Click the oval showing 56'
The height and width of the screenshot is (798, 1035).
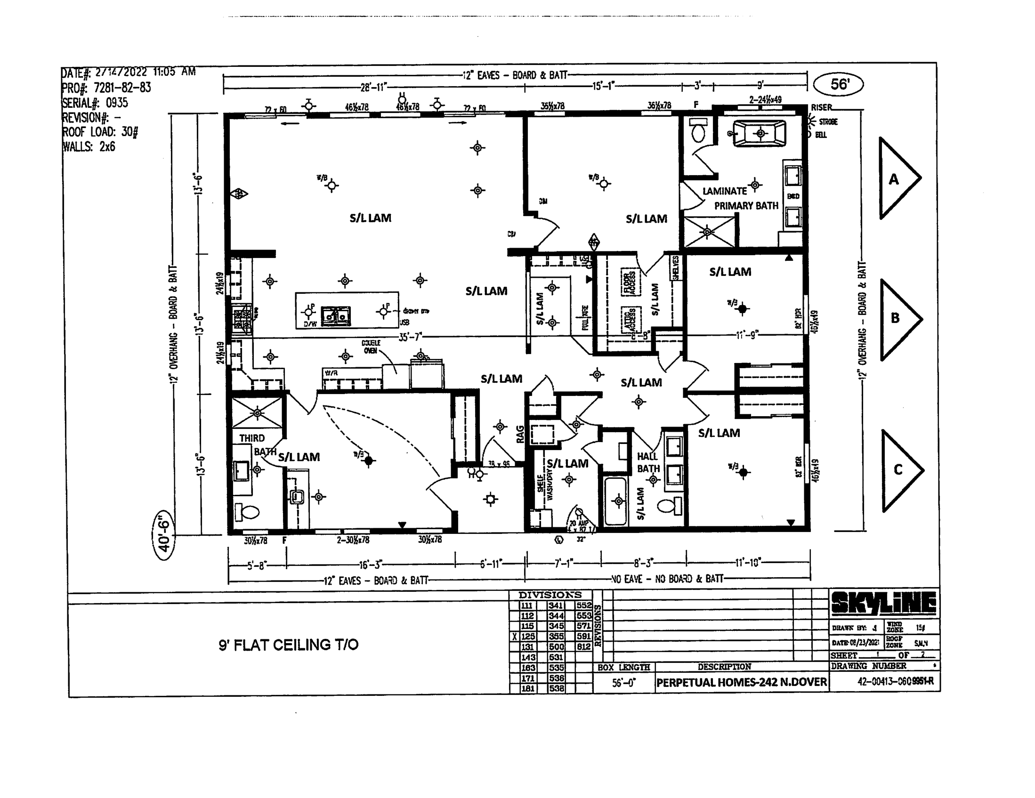(x=838, y=84)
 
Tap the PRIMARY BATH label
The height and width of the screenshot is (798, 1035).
(x=746, y=206)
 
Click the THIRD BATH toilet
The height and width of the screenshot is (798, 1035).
(x=247, y=512)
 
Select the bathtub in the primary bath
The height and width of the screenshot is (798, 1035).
(x=760, y=133)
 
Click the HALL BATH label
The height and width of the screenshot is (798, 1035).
(x=648, y=462)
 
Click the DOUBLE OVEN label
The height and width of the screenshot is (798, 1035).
(x=371, y=347)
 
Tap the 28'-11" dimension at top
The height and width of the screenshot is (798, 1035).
(x=373, y=87)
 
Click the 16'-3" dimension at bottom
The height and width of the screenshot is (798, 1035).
(x=370, y=564)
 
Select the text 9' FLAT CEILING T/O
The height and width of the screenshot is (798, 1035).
(x=288, y=645)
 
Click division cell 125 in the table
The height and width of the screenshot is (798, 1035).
(x=527, y=637)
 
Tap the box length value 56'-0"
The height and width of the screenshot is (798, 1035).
(x=623, y=683)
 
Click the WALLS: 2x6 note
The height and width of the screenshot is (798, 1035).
(x=89, y=147)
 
